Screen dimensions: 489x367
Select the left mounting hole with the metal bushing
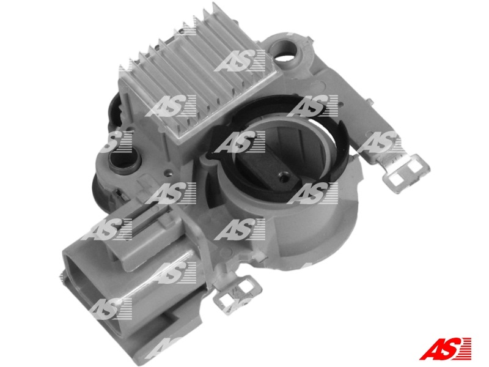(x=124, y=161)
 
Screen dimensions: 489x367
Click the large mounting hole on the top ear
(x=285, y=51)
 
